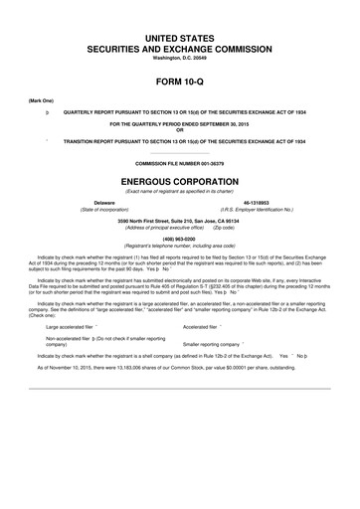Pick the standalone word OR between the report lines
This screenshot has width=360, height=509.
point(179,129)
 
